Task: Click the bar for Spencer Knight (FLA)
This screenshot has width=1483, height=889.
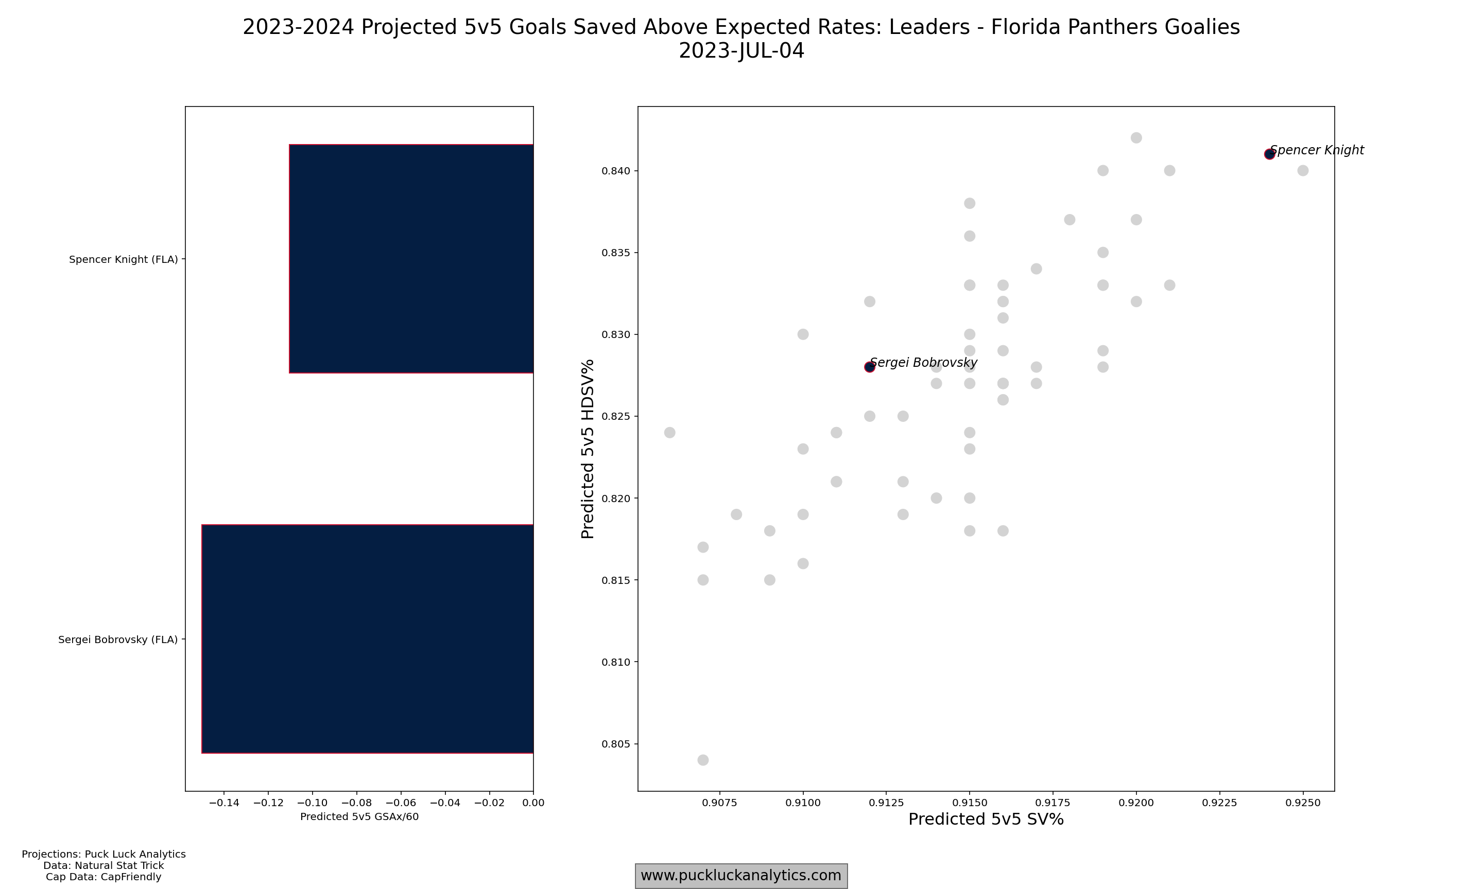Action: pyautogui.click(x=411, y=259)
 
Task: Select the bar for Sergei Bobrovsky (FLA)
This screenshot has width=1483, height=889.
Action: pyautogui.click(x=368, y=638)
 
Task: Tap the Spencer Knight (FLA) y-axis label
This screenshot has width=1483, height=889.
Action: pyautogui.click(x=124, y=259)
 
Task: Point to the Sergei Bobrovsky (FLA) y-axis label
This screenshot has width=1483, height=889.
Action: pyautogui.click(x=118, y=640)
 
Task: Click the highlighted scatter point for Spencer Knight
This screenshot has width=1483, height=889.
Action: pyautogui.click(x=1269, y=154)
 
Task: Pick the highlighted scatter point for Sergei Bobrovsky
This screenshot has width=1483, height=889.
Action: pyautogui.click(x=869, y=367)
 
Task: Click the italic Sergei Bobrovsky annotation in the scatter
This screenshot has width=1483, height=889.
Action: pyautogui.click(x=924, y=362)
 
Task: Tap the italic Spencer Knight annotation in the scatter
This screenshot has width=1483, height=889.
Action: pyautogui.click(x=1317, y=150)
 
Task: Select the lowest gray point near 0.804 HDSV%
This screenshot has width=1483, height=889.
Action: pyautogui.click(x=703, y=760)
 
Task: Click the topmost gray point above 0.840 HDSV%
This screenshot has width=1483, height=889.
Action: pyautogui.click(x=1136, y=138)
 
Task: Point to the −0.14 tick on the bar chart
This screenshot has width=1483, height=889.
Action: pyautogui.click(x=223, y=803)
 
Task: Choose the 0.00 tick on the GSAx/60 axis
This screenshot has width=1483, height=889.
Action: pyautogui.click(x=533, y=803)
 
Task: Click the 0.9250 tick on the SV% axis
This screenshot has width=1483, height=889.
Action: pyautogui.click(x=1303, y=803)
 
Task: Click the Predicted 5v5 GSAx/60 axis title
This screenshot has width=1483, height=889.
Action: pyautogui.click(x=359, y=816)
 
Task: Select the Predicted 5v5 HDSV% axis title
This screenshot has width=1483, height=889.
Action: pyautogui.click(x=588, y=449)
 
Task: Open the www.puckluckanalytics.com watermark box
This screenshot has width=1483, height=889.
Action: pyautogui.click(x=741, y=876)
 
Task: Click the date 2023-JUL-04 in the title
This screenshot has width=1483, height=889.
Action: pyautogui.click(x=741, y=51)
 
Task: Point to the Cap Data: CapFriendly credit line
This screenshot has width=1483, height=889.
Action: pyautogui.click(x=104, y=877)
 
